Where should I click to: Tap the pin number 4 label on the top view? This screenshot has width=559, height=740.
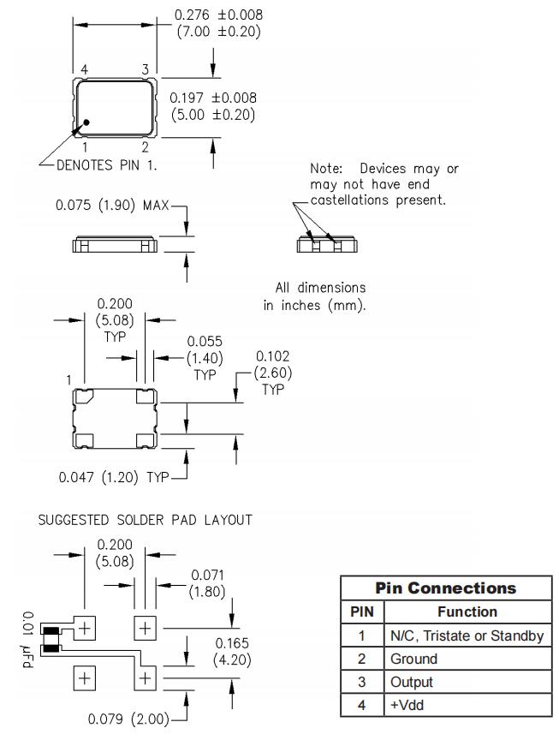coord(84,69)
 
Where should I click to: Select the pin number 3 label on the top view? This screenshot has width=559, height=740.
coord(145,69)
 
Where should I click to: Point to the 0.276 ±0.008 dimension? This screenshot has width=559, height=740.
coord(218,15)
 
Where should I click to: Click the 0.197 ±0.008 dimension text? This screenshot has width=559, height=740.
coord(213,98)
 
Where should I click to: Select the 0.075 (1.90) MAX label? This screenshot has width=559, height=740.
coord(112,206)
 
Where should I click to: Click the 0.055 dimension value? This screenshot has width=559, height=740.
coord(205,342)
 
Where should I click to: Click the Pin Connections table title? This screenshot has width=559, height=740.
coord(447,588)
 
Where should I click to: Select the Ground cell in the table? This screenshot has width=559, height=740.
coord(414,659)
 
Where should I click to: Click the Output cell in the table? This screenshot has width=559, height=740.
coord(412,682)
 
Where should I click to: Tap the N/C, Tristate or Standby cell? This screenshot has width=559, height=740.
coord(467,636)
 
